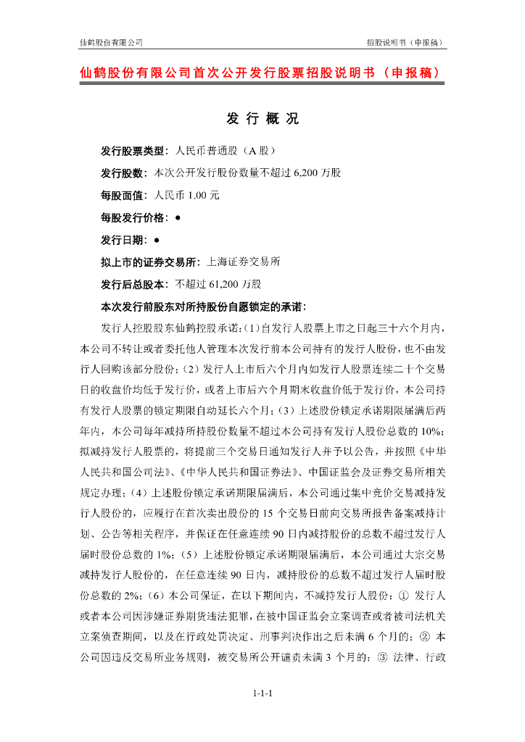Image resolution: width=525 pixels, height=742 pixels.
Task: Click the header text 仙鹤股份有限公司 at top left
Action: [x=111, y=42]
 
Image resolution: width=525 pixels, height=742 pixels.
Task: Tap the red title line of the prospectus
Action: [x=262, y=73]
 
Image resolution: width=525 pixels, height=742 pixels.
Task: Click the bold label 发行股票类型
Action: [x=133, y=151]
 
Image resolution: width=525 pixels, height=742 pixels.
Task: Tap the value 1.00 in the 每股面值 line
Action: [x=197, y=196]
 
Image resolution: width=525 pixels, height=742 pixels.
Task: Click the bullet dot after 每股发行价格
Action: [x=178, y=217]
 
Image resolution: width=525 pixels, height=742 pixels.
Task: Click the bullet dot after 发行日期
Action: [x=157, y=239]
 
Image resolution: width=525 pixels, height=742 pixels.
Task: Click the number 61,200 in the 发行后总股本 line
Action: [x=227, y=283]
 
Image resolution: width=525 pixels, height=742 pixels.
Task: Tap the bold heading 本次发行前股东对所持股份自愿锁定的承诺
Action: [x=203, y=305]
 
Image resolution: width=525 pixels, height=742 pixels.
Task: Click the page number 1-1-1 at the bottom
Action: [x=262, y=694]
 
